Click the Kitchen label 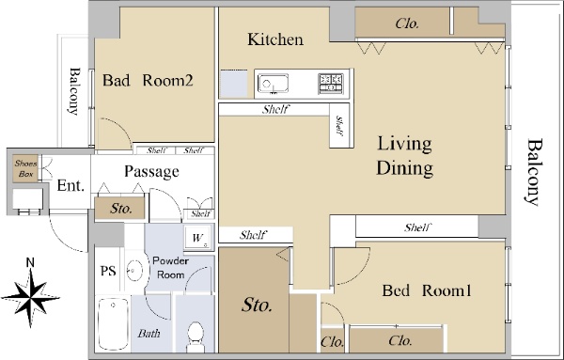point(275,39)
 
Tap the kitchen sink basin point(273,85)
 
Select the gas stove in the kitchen point(331,84)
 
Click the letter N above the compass point(31,262)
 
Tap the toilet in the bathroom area point(196,337)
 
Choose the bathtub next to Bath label point(114,324)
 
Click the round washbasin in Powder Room point(134,270)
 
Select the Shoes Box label point(26,168)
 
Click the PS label point(108,271)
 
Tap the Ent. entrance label point(70,186)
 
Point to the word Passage point(151,172)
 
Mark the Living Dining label point(404,156)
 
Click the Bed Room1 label point(427,290)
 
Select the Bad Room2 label point(148,80)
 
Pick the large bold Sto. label point(257,305)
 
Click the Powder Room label point(170,268)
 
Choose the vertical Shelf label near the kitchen point(338,126)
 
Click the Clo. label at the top point(407,23)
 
